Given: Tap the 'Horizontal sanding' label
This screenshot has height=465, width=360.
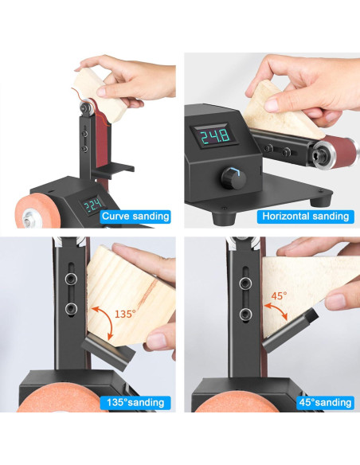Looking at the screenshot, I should pyautogui.click(x=305, y=216).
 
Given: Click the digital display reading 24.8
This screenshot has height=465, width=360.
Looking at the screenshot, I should pyautogui.click(x=214, y=137).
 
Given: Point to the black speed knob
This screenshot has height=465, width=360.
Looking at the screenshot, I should pyautogui.click(x=232, y=177).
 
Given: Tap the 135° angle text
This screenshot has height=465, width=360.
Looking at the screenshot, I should pyautogui.click(x=125, y=315).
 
